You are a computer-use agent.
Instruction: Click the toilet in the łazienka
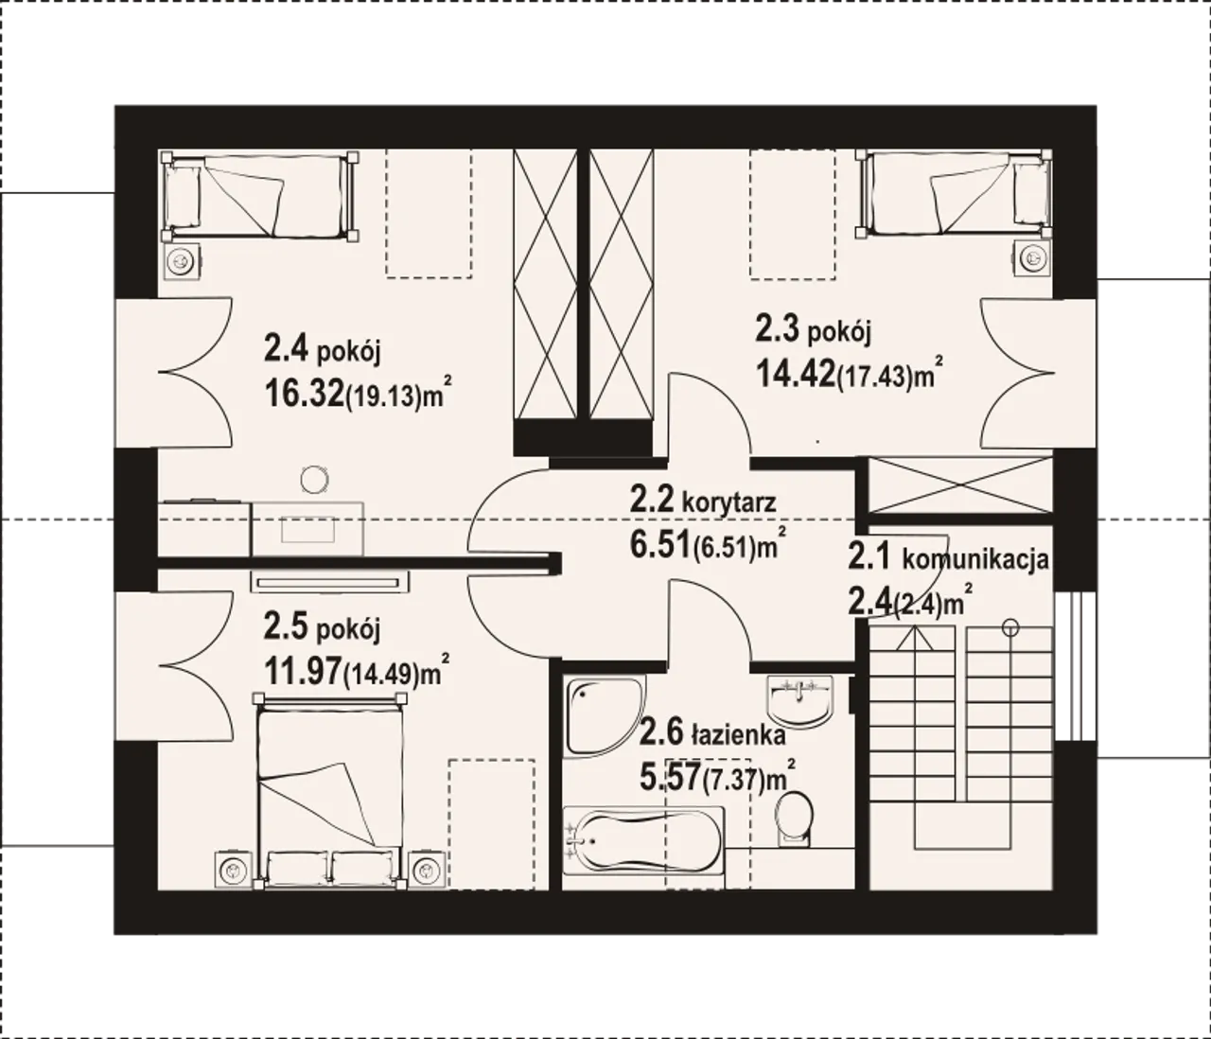[794, 819]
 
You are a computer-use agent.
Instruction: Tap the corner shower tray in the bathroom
[605, 716]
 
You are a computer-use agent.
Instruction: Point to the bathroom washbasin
[799, 701]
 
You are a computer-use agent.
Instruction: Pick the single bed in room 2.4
[260, 196]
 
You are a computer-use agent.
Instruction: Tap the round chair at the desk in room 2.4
[315, 480]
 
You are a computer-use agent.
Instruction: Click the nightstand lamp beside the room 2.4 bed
[181, 261]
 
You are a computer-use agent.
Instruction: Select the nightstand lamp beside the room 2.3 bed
[1032, 257]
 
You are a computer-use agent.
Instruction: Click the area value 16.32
[304, 393]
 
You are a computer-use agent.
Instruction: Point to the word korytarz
[728, 503]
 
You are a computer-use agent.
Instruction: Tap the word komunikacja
[974, 559]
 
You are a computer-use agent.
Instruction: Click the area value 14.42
[796, 373]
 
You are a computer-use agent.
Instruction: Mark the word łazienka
[738, 735]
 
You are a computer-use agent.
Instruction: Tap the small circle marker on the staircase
[1010, 627]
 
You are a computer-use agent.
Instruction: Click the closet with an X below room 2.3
[959, 484]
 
